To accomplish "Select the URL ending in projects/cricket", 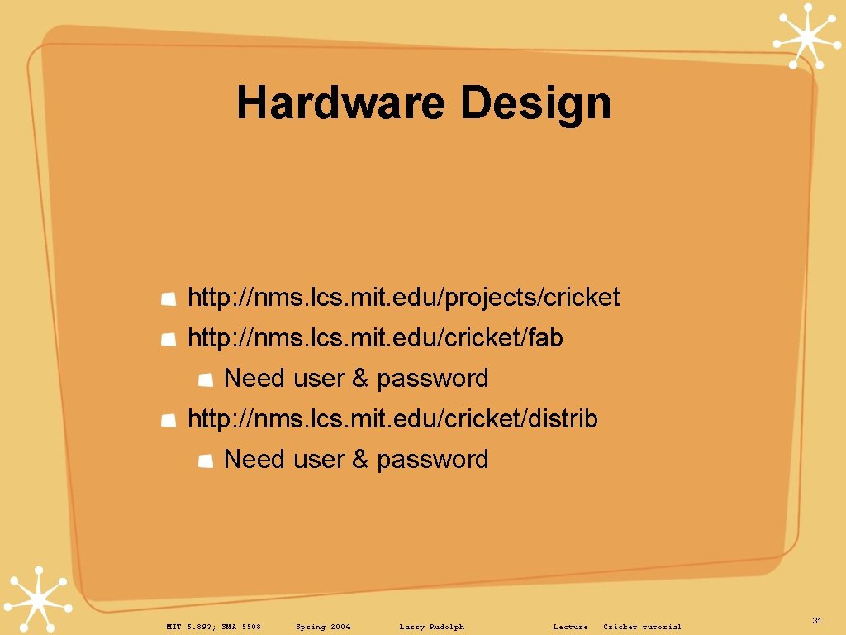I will tap(403, 298).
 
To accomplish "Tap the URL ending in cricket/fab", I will tap(375, 338).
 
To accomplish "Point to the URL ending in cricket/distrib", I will tap(392, 419).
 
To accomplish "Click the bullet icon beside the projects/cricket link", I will tap(168, 298).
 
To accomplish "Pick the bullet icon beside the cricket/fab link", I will tap(168, 339).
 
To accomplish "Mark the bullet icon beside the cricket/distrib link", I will tap(168, 420).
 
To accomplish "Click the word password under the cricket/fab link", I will tap(432, 379).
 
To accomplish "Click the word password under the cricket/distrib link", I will tap(432, 460).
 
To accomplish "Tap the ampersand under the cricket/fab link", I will tap(359, 379).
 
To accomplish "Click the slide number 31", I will tap(816, 620).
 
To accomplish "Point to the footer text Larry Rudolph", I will tap(431, 627).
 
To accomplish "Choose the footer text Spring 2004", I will tap(323, 627).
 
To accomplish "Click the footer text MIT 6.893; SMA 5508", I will tap(213, 627).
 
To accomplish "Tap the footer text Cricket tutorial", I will tap(642, 627).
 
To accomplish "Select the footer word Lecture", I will tap(570, 627).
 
